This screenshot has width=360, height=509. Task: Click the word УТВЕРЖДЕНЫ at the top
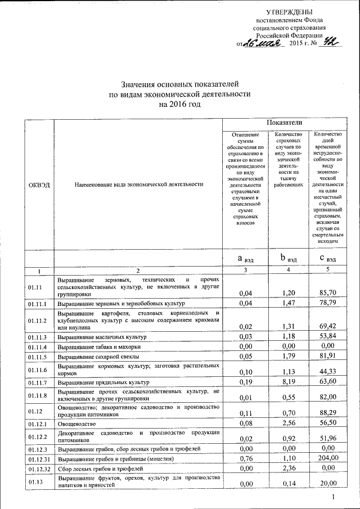pos(290,12)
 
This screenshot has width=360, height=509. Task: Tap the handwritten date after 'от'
pos(263,43)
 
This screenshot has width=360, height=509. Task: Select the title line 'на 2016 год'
pos(179,104)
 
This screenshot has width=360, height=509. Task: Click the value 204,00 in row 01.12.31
pos(326,458)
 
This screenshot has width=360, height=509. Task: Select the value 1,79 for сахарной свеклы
pos(287,357)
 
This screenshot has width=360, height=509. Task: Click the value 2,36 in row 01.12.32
pos(287,468)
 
